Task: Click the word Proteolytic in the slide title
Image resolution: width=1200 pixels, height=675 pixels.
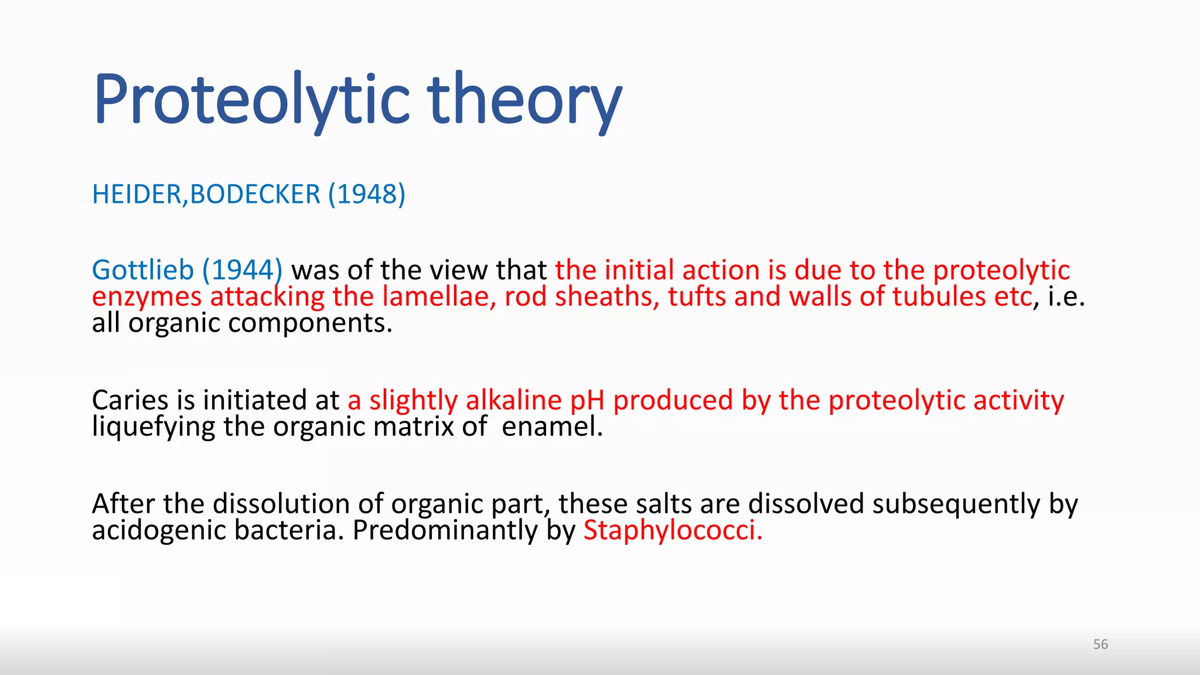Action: pos(252,98)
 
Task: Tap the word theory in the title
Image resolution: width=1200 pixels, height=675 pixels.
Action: pos(524,98)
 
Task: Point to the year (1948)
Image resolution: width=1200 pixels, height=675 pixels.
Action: pos(366,195)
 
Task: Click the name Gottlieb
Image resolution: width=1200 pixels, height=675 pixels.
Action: pos(143,270)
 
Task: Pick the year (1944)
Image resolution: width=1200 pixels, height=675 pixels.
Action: pos(242,270)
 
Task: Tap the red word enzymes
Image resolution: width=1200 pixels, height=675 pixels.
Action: pos(146,297)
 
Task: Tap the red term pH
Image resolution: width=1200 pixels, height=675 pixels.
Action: pos(587,400)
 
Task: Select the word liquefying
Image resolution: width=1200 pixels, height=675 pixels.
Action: pos(154,427)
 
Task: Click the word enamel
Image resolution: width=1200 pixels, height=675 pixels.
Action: pos(552,427)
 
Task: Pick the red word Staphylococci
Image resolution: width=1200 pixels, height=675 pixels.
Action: pos(673,531)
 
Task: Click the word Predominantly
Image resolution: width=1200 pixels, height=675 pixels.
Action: pos(445,531)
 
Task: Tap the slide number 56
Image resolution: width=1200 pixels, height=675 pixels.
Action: pos(1100,645)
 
